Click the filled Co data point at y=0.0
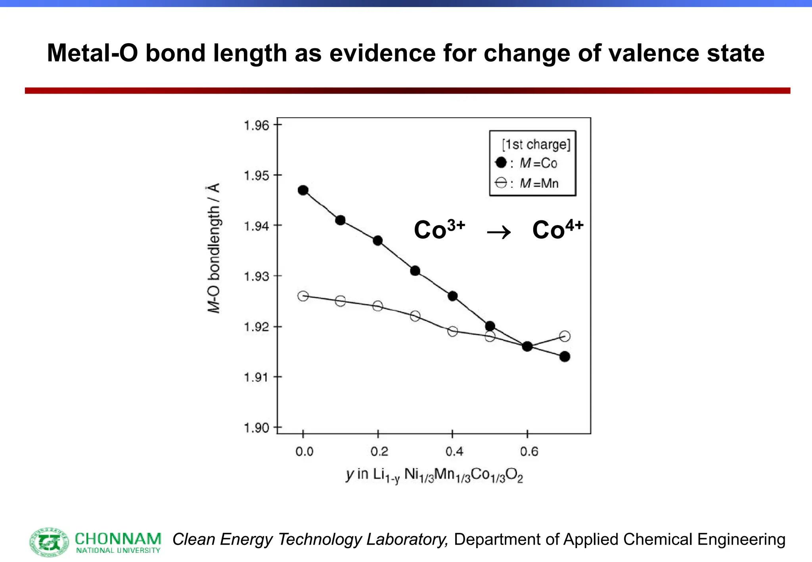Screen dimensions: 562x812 (303, 190)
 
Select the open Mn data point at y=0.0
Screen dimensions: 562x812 (303, 296)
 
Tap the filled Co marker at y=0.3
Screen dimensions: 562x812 (415, 271)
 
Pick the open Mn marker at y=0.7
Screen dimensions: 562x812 (565, 336)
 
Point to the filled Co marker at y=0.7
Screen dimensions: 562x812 (565, 357)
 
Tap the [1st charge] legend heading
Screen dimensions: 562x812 (536, 144)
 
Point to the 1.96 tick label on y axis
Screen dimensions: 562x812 (256, 126)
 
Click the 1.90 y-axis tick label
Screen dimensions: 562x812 (256, 428)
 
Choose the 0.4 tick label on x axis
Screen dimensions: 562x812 (454, 451)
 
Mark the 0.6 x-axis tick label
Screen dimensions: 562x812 (529, 451)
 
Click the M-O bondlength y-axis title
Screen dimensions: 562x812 (214, 248)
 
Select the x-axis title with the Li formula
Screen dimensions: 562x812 (434, 475)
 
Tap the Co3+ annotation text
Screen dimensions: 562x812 (439, 229)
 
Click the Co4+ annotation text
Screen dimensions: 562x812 (557, 229)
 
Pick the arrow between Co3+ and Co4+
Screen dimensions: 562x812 (499, 232)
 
